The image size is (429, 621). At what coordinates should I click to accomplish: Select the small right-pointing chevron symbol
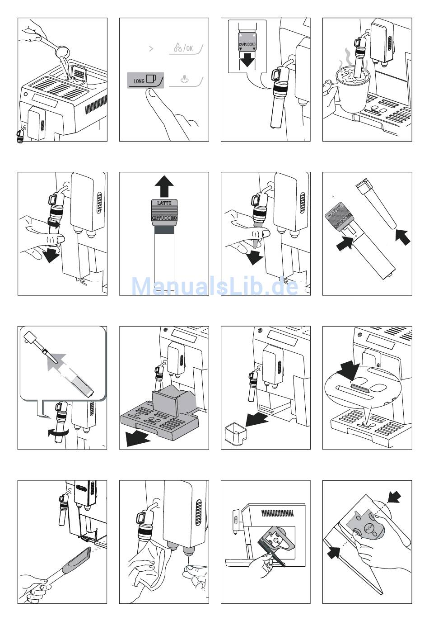(151, 48)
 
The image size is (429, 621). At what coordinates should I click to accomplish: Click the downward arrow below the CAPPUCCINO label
(247, 58)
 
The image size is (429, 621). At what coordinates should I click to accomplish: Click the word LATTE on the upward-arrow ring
(164, 204)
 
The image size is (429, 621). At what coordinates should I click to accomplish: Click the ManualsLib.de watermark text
(214, 286)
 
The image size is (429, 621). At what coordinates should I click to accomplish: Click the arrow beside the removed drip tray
(138, 438)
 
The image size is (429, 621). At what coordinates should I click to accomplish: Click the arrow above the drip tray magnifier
(347, 369)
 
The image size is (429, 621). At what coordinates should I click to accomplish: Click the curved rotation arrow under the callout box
(59, 433)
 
